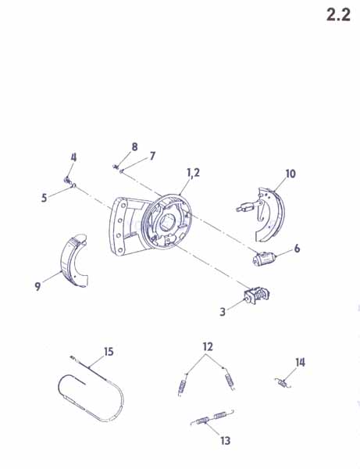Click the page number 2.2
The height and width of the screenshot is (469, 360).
point(338,14)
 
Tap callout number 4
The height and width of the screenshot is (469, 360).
point(73,157)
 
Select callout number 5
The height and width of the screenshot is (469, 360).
point(45,198)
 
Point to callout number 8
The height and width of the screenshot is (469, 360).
point(135,147)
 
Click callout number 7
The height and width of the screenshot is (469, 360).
point(152,156)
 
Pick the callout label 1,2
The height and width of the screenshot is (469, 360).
point(194,173)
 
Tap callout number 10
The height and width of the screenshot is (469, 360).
point(290,174)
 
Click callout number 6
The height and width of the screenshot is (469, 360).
point(297,249)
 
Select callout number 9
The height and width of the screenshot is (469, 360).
point(37,286)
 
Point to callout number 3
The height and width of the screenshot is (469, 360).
point(223,312)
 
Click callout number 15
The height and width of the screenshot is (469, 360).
point(109,352)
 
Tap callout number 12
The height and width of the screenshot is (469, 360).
point(208,346)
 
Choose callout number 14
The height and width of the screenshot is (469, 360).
point(300,362)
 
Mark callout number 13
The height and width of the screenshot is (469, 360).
point(226,440)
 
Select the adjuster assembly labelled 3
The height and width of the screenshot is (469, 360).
point(256,295)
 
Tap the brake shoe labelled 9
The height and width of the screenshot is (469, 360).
point(73,261)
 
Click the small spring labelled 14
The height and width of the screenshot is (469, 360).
point(283,383)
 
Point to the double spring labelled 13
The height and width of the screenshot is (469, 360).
point(212,417)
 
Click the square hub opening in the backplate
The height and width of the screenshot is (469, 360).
point(166,223)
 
